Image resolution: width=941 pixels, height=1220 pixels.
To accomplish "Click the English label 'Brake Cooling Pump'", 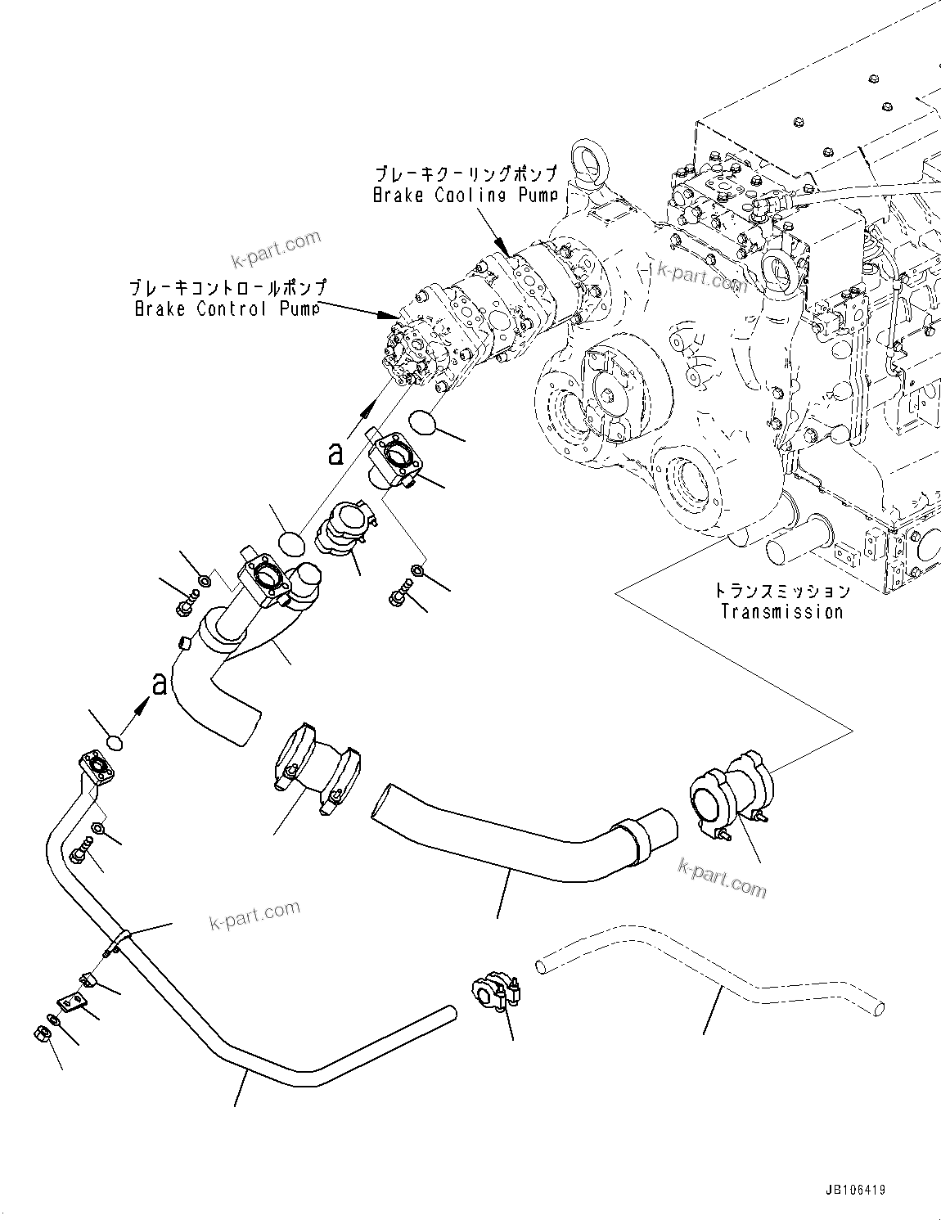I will (466, 196).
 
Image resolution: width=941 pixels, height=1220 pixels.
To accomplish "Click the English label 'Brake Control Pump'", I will (226, 308).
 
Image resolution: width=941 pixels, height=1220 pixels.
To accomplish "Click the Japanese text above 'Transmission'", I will (781, 591).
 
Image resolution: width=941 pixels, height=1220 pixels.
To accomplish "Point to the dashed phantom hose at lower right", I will (712, 966).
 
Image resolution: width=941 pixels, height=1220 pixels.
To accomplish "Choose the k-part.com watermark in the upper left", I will (277, 248).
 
